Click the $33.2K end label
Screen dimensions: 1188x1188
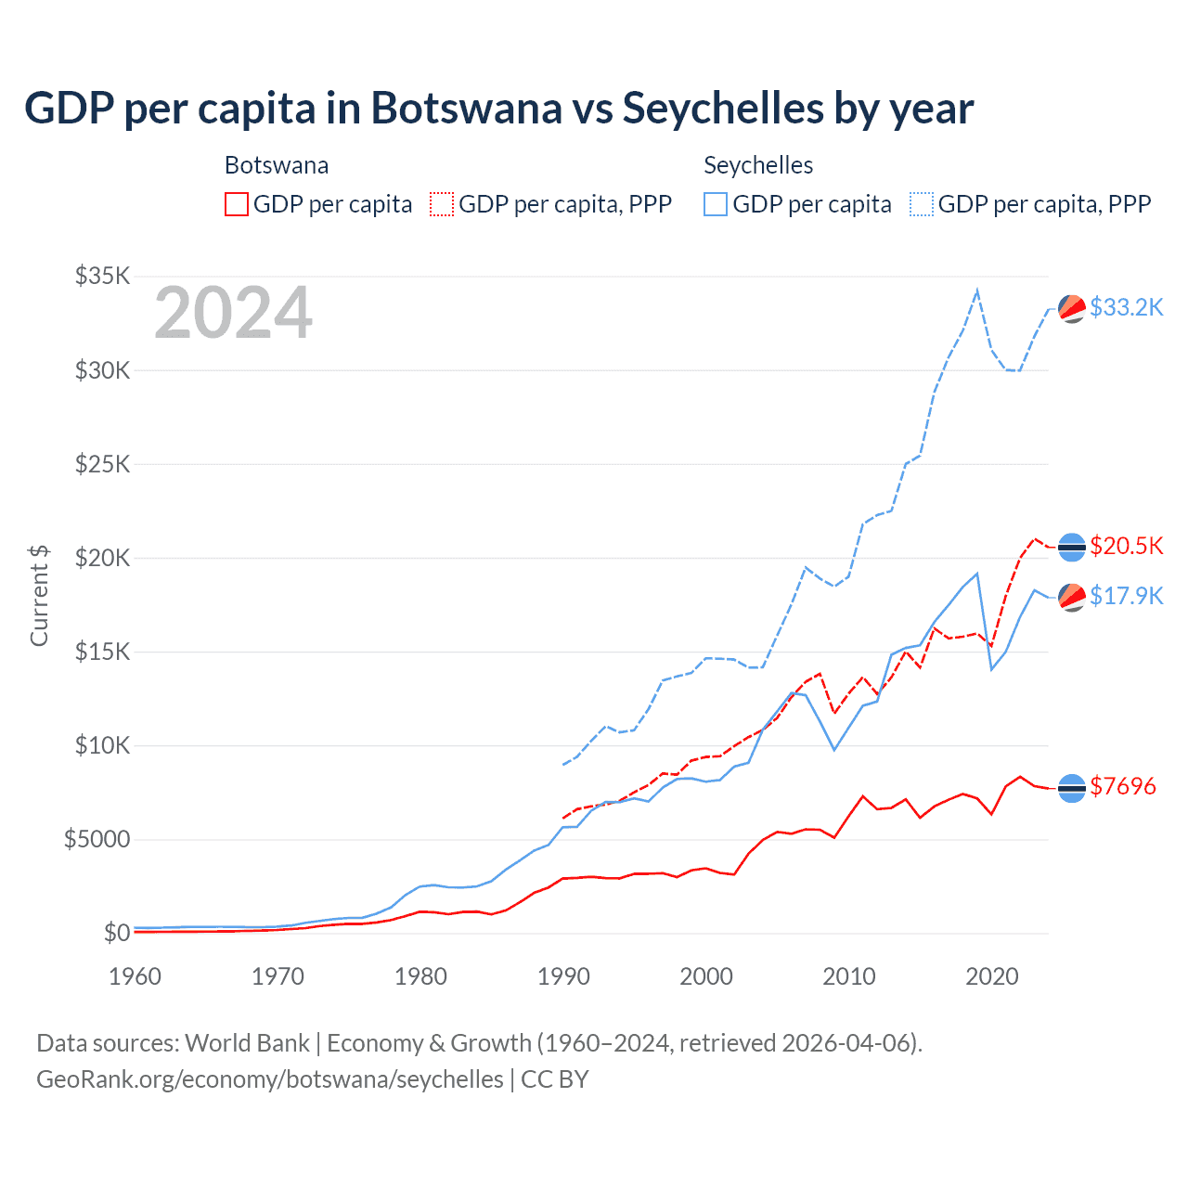pyautogui.click(x=1126, y=307)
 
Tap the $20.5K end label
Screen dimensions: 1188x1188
pyautogui.click(x=1126, y=546)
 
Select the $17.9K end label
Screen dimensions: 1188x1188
pyautogui.click(x=1126, y=596)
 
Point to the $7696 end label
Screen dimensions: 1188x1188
pyautogui.click(x=1123, y=787)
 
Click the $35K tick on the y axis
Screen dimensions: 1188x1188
pyautogui.click(x=102, y=276)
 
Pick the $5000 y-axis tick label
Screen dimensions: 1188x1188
pyautogui.click(x=97, y=840)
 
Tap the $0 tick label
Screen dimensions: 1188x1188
pyautogui.click(x=116, y=933)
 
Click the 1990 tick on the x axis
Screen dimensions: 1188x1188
pyautogui.click(x=563, y=976)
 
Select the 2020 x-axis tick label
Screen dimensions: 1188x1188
pyautogui.click(x=992, y=976)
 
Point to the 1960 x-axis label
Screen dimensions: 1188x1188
pyautogui.click(x=136, y=976)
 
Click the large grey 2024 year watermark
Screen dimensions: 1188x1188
pyautogui.click(x=233, y=314)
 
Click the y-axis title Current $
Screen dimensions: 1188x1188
pyautogui.click(x=39, y=595)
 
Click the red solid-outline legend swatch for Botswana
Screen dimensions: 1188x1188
pyautogui.click(x=237, y=204)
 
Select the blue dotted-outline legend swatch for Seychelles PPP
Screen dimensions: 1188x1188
pyautogui.click(x=922, y=204)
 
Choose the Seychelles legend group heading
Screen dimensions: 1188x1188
pyautogui.click(x=758, y=165)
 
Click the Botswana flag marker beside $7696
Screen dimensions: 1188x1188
pyautogui.click(x=1072, y=788)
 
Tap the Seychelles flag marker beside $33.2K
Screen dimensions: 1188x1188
pyautogui.click(x=1072, y=308)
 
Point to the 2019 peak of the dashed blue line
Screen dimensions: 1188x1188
pyautogui.click(x=976, y=291)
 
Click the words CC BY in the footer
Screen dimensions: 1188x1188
pyautogui.click(x=555, y=1079)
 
